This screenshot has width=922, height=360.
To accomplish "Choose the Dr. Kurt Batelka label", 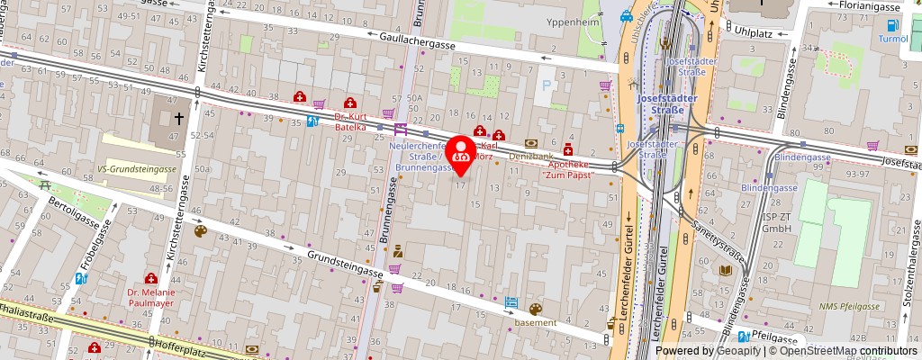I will tap(350, 121).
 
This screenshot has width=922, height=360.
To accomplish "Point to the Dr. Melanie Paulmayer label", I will tap(151, 297).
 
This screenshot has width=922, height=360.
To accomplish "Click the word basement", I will tap(537, 322).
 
